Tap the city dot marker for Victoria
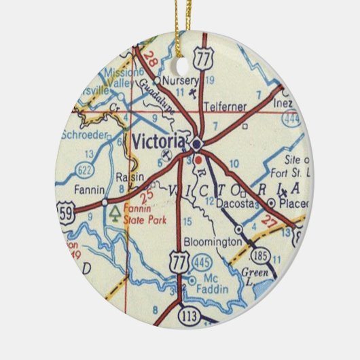point(196,144)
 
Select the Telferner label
point(227,107)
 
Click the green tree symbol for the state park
point(113,214)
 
